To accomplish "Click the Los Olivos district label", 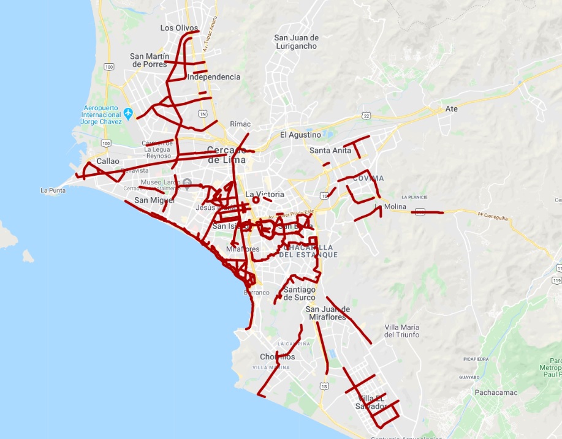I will click(179, 28).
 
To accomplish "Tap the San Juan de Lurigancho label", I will click(296, 42).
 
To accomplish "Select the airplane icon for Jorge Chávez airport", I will click(128, 113).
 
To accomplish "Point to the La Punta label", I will click(53, 190).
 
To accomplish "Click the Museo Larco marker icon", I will click(188, 182).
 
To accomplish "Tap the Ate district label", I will click(452, 109).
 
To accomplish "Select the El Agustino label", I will click(300, 135).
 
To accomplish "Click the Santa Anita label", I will click(330, 150).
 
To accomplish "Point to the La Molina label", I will click(390, 207).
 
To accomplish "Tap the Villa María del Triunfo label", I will click(401, 331).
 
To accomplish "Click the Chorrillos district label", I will click(277, 357).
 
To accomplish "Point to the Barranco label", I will click(256, 293).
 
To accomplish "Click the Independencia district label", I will click(214, 77).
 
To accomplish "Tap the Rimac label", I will click(240, 124).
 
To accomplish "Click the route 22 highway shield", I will click(366, 115).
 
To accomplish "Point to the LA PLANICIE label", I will click(412, 197).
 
